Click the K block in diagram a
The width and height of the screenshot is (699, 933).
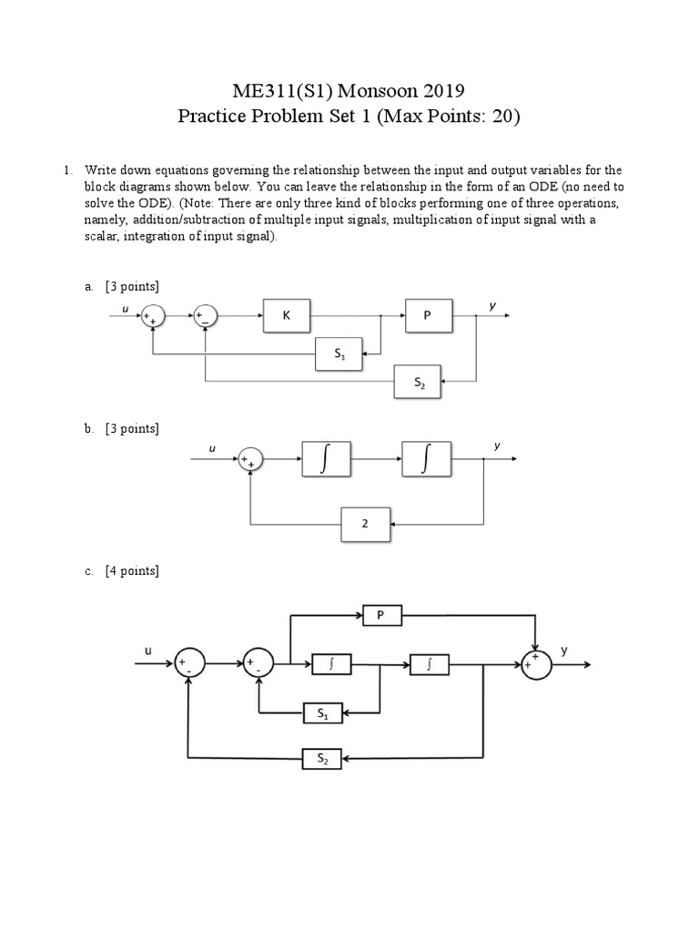286,315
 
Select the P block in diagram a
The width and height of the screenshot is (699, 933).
427,315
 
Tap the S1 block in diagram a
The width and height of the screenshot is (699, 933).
338,354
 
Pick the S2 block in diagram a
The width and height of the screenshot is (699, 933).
417,381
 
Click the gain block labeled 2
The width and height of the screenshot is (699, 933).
366,525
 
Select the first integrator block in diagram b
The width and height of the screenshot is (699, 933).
324,461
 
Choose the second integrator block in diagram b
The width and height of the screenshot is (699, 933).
425,461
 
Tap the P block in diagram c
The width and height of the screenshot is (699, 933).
382,616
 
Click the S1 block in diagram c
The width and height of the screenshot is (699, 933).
323,713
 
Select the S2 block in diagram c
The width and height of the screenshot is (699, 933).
323,757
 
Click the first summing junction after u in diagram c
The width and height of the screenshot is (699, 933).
190,664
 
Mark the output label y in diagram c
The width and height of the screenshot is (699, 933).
563,651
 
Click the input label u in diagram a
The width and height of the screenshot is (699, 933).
126,306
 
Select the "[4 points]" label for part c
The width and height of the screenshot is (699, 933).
132,571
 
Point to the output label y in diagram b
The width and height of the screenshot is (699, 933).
497,446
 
